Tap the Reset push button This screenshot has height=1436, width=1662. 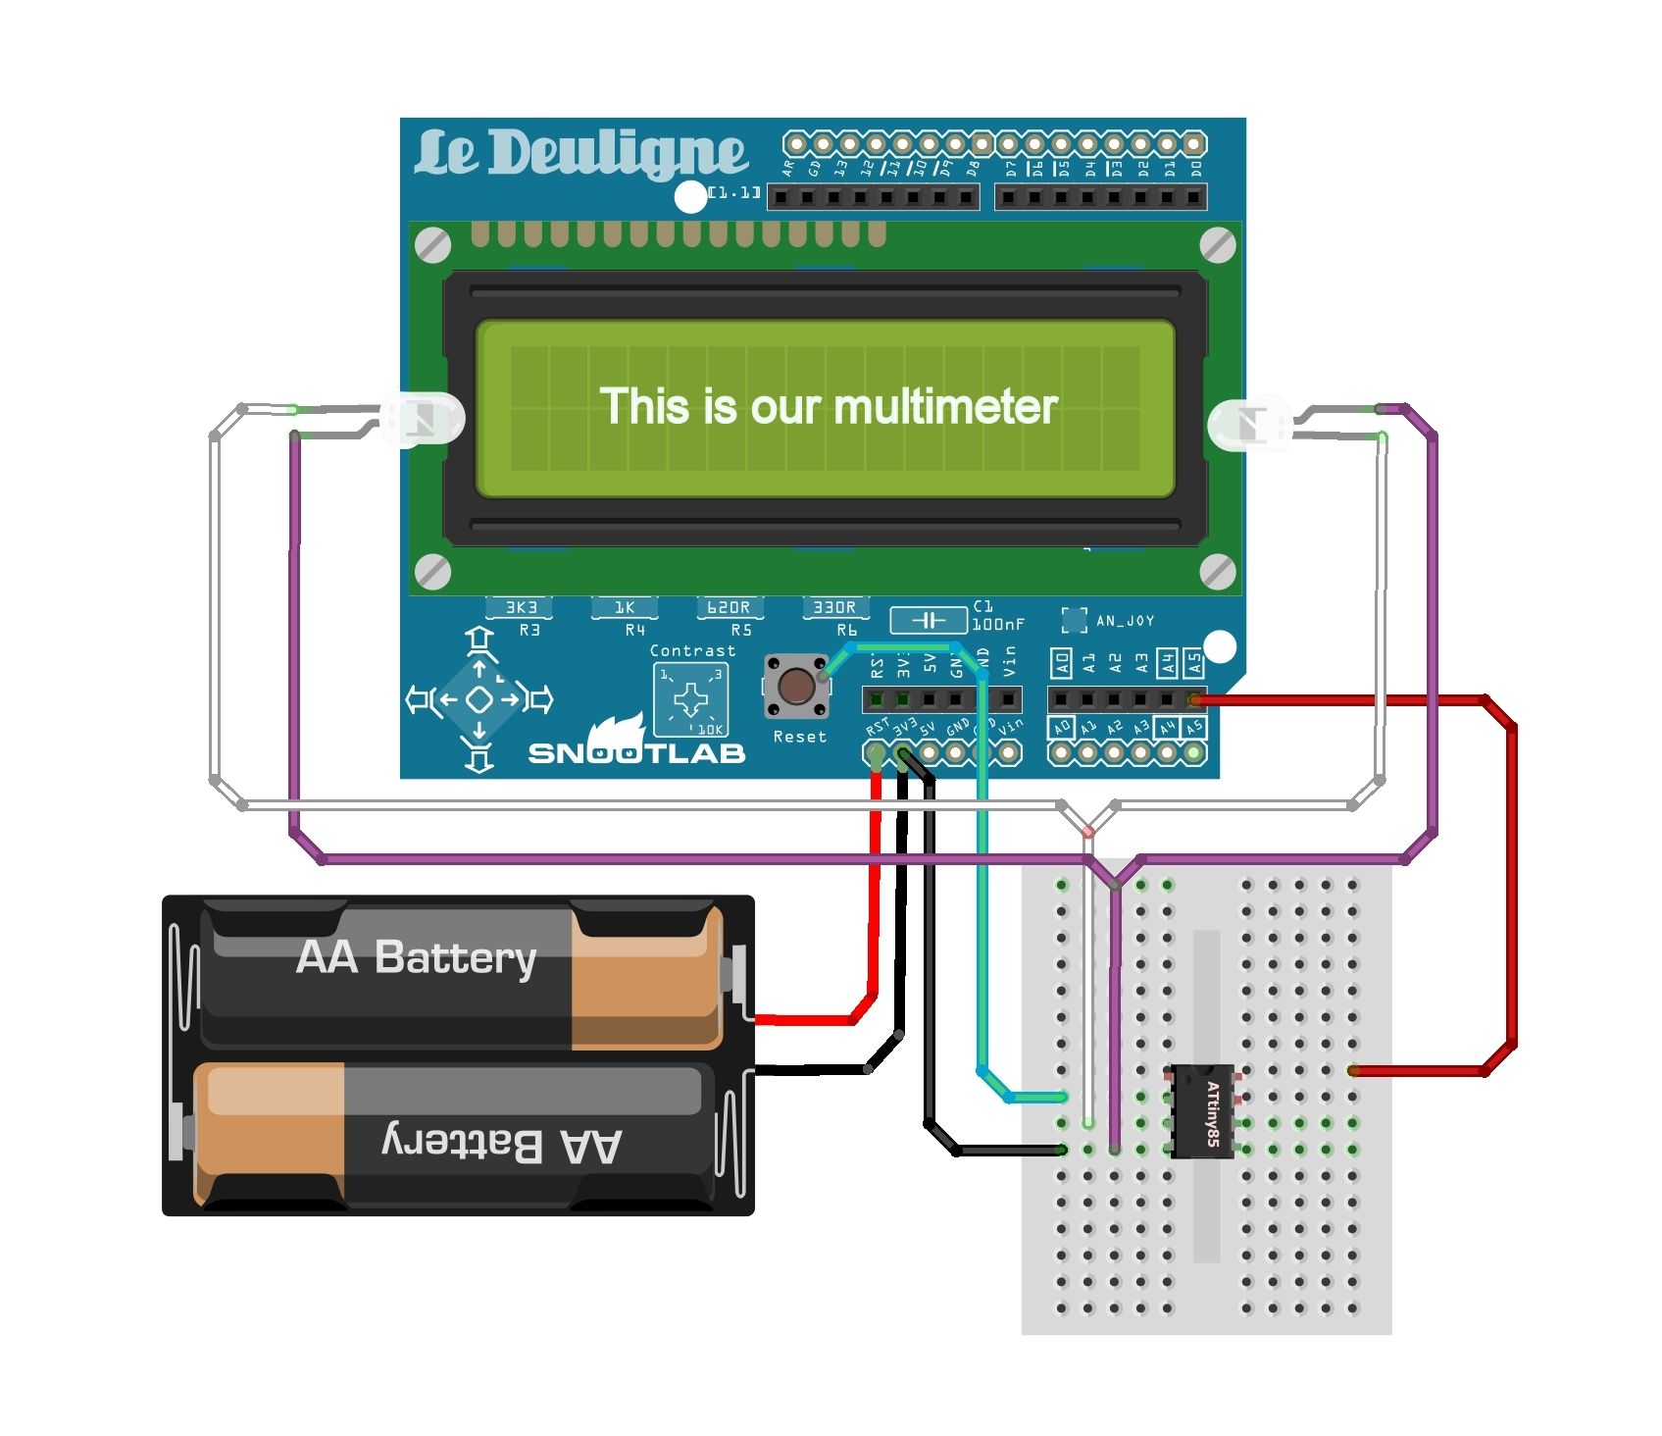click(796, 687)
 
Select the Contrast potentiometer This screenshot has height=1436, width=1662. click(691, 699)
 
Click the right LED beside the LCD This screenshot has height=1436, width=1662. click(1250, 424)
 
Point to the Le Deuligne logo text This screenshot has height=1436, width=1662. click(580, 154)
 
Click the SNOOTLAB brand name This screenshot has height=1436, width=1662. click(636, 752)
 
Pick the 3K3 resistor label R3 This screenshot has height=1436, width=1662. click(521, 608)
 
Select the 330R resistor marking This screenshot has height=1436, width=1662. click(834, 608)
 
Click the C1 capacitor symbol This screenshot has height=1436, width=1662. click(928, 620)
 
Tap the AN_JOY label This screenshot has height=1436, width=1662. click(1124, 621)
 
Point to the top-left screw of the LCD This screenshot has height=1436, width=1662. click(433, 245)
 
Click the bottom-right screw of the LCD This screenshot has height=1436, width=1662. click(1218, 571)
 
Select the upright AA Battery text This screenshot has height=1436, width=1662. click(416, 957)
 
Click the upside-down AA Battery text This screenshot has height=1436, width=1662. click(501, 1144)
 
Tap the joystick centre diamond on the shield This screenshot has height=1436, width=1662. click(478, 699)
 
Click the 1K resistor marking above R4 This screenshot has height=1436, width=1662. click(625, 608)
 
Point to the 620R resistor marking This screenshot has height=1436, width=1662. click(729, 608)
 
